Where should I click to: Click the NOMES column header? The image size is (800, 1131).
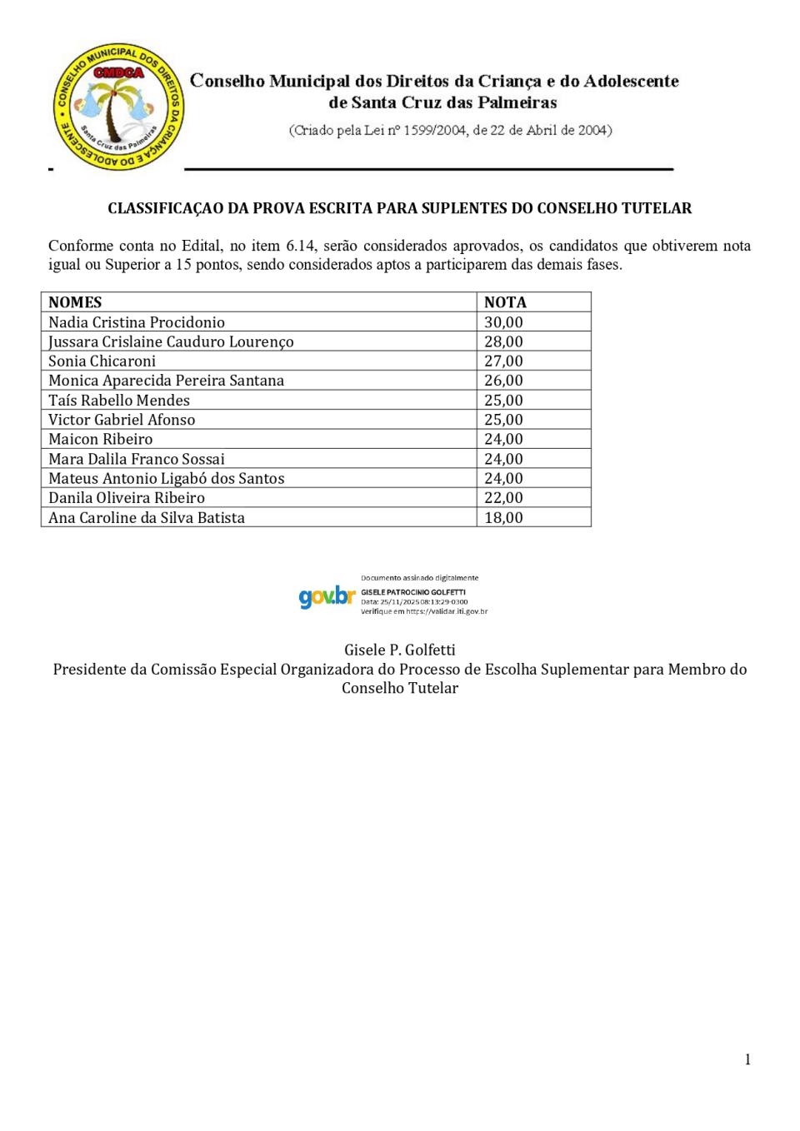(75, 302)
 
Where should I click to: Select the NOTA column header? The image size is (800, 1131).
(505, 302)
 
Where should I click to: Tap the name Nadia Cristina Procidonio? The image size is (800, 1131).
(137, 322)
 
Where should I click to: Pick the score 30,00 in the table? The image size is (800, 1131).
(503, 322)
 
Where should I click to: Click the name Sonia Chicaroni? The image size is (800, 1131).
(102, 361)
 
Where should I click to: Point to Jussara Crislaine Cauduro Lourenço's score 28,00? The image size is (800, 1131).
(503, 341)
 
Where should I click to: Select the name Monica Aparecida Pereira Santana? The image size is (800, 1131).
(166, 381)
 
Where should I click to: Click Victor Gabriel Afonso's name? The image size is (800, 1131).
(122, 420)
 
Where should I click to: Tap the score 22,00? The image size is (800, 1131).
(503, 498)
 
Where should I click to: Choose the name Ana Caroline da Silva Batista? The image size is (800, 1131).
(147, 518)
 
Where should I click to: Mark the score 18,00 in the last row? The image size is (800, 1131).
(503, 518)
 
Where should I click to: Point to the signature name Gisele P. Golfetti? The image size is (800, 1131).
(400, 650)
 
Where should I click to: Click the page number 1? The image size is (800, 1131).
(747, 1059)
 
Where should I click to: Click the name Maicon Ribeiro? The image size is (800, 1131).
(101, 440)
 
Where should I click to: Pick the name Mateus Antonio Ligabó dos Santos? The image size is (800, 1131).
(167, 479)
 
